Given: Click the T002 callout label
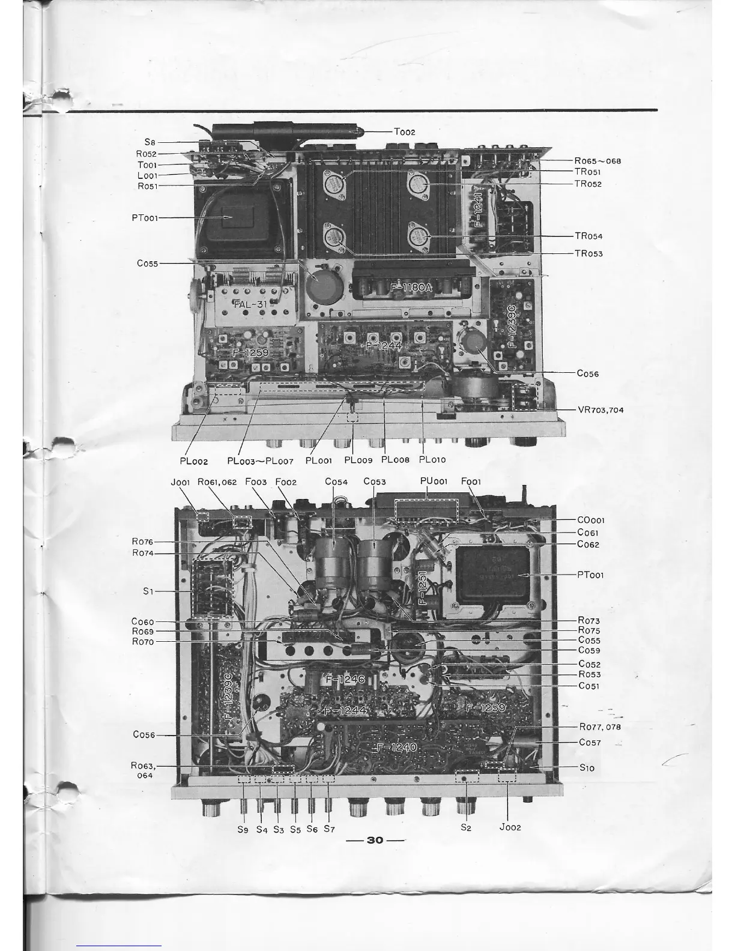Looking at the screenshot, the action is pyautogui.click(x=404, y=132).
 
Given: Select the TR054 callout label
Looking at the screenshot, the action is pyautogui.click(x=588, y=237).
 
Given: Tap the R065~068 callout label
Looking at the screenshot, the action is pyautogui.click(x=597, y=161).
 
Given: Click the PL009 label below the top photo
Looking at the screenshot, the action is pyautogui.click(x=358, y=460).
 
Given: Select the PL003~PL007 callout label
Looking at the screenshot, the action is pyautogui.click(x=260, y=460).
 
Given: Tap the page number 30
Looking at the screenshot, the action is pyautogui.click(x=375, y=840).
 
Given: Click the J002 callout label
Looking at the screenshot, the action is pyautogui.click(x=510, y=827).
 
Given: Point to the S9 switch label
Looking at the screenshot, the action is pyautogui.click(x=243, y=830).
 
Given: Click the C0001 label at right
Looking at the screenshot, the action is pyautogui.click(x=591, y=521).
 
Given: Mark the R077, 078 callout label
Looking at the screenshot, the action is pyautogui.click(x=600, y=727).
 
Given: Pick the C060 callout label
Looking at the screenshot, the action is pyautogui.click(x=142, y=621).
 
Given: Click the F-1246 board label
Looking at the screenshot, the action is pyautogui.click(x=345, y=680).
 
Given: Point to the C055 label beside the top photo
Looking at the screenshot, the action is pyautogui.click(x=147, y=263).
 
